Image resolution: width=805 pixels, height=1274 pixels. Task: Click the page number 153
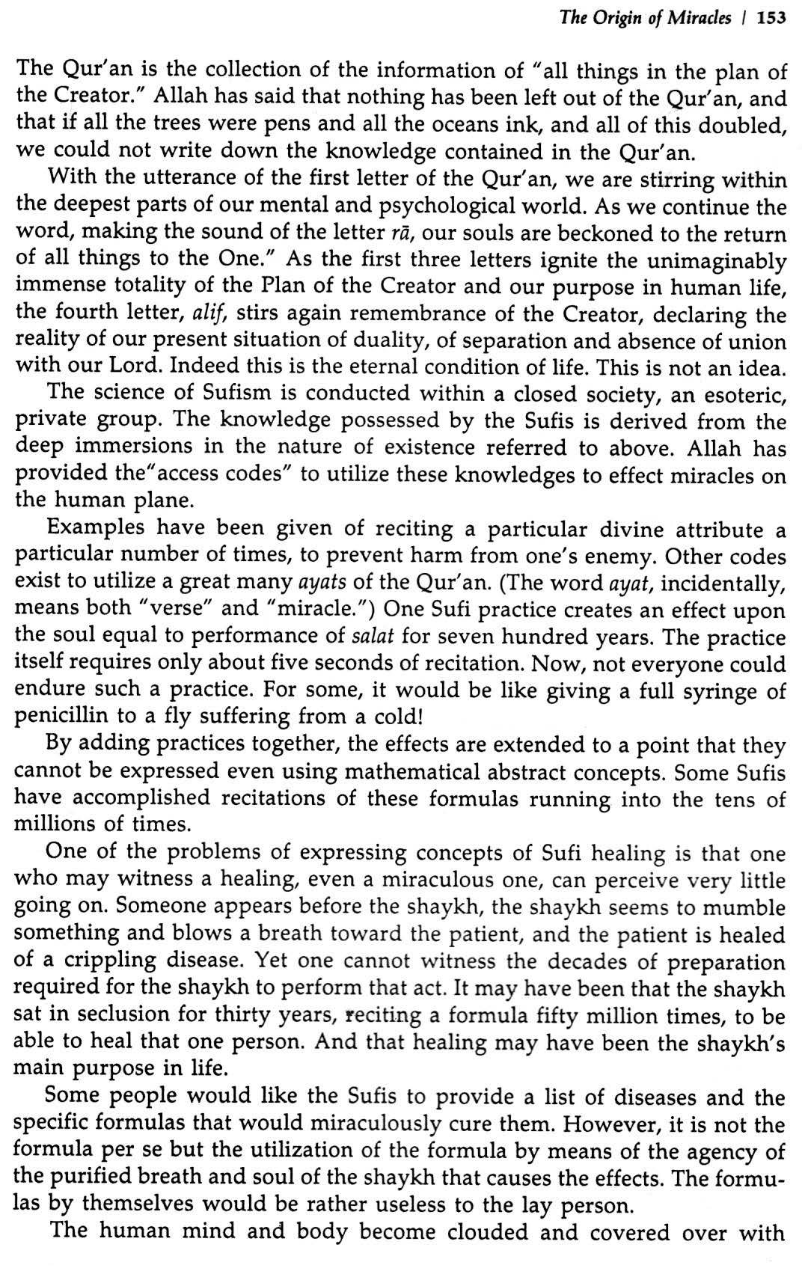pos(771,18)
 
